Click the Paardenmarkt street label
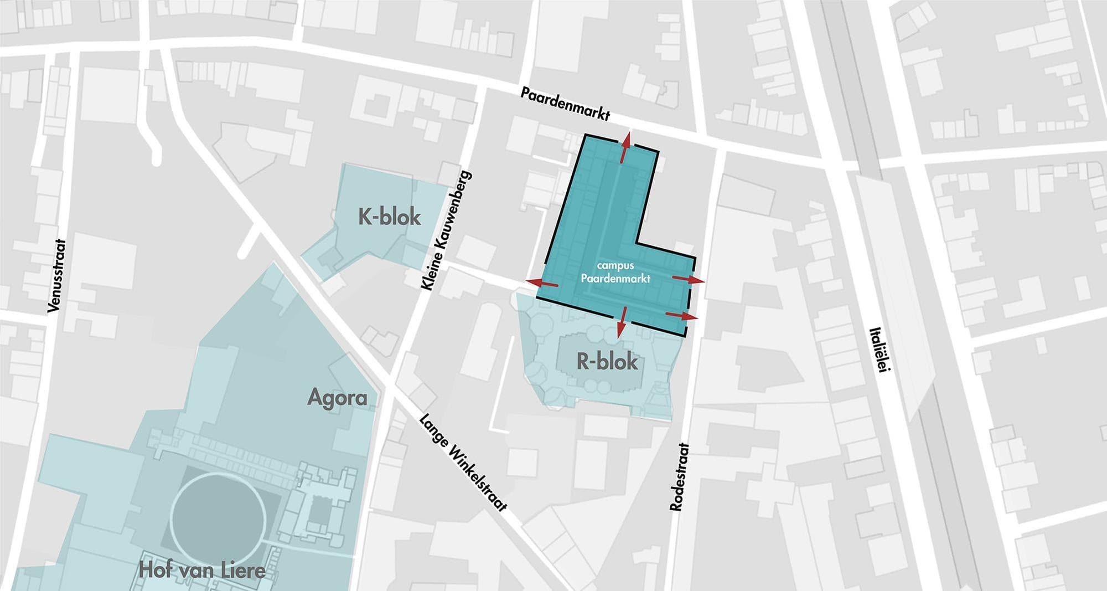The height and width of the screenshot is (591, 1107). (x=565, y=104)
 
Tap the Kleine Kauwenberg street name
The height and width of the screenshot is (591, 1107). (x=446, y=230)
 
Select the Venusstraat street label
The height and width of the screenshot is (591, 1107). (x=56, y=275)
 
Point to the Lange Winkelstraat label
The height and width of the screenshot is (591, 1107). (x=463, y=462)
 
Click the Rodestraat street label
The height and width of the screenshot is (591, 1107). (x=679, y=476)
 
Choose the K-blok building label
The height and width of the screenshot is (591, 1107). (x=389, y=217)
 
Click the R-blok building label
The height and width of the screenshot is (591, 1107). (x=607, y=362)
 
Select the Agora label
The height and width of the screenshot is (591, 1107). (x=337, y=398)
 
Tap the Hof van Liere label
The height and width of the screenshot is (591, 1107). (x=202, y=570)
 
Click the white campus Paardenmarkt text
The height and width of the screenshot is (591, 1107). (x=615, y=272)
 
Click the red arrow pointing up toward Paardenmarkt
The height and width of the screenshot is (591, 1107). (x=625, y=147)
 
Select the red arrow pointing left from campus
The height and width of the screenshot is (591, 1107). (x=542, y=283)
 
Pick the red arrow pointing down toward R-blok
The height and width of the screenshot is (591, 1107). (x=622, y=322)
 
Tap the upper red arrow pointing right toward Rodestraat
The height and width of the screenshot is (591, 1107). (x=689, y=279)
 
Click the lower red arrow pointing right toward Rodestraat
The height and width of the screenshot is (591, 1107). (x=681, y=316)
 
